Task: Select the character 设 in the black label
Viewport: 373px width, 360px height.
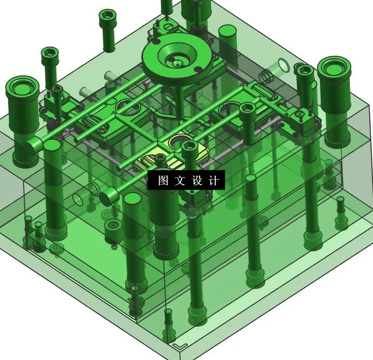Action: (x=197, y=181)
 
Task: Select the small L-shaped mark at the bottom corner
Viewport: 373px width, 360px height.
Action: (x=180, y=347)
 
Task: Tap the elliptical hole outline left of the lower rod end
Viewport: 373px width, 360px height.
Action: (x=79, y=200)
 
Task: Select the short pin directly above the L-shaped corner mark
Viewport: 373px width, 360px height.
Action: (x=168, y=320)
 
